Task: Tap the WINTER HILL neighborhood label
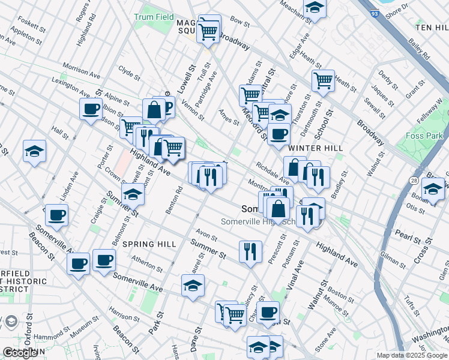[315, 148]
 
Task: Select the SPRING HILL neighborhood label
[149, 244]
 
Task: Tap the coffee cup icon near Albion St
[91, 109]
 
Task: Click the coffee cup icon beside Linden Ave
[56, 215]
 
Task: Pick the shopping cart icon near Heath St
[323, 80]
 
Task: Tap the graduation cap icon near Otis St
[432, 189]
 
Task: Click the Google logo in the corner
[20, 353]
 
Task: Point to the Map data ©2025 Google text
[411, 355]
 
